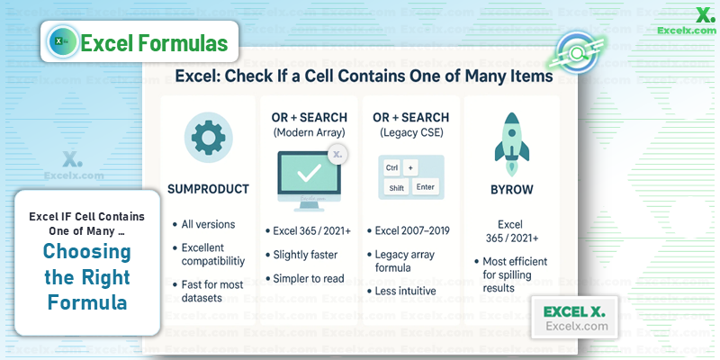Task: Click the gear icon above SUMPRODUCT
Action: [x=208, y=138]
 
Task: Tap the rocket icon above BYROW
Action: [x=511, y=144]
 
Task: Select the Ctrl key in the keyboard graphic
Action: [x=391, y=167]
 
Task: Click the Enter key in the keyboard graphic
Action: [x=426, y=187]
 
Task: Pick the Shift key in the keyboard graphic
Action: [x=396, y=188]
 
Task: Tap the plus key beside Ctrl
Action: [x=410, y=167]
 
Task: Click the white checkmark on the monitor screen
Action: [x=309, y=174]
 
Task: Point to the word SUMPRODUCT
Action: [x=208, y=189]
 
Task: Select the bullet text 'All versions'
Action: [x=208, y=224]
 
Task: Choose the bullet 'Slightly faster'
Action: [x=305, y=255]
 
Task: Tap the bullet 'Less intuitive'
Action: [x=406, y=291]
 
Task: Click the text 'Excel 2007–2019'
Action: [x=412, y=230]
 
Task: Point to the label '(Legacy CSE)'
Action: [x=411, y=133]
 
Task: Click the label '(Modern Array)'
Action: [x=309, y=133]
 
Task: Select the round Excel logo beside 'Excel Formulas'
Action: [x=62, y=41]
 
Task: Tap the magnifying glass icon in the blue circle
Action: [x=577, y=53]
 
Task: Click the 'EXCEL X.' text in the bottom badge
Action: [x=574, y=311]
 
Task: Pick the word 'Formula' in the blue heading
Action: [x=87, y=302]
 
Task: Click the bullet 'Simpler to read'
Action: [x=309, y=279]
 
